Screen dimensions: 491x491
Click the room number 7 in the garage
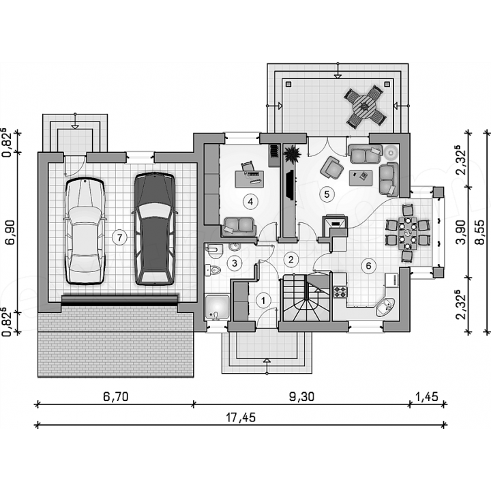point(119,238)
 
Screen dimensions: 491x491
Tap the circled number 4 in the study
point(250,202)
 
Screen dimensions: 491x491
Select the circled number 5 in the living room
point(327,194)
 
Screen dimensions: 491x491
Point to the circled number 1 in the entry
point(263,301)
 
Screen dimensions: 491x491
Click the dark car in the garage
point(155,228)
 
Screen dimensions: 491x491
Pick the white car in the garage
point(85,231)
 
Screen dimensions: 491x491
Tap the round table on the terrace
point(364,106)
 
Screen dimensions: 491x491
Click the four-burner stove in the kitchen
point(340,292)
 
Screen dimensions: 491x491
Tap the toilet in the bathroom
point(213,269)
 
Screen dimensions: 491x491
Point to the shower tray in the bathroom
point(218,307)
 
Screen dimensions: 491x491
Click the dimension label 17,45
point(241,417)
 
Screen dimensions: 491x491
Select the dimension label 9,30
point(301,397)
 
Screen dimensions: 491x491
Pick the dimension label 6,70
point(115,397)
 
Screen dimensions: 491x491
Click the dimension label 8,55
point(479,232)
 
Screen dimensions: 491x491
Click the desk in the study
point(250,179)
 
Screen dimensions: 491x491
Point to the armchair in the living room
point(332,167)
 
